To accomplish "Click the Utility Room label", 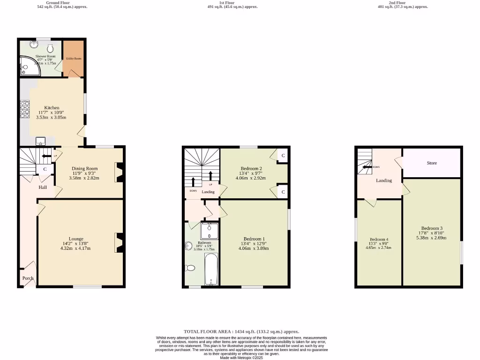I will click(74, 59).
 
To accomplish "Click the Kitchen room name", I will click(52, 108).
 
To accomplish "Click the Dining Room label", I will click(85, 169).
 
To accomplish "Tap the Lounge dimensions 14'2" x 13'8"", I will click(75, 243).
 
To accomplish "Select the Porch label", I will click(28, 278).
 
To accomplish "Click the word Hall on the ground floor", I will click(43, 187).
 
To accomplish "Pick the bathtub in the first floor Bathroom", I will click(211, 269).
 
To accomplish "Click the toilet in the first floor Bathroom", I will click(190, 268).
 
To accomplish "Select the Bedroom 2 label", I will click(251, 169).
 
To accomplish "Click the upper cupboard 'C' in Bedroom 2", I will click(283, 156).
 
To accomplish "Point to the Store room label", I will click(432, 163).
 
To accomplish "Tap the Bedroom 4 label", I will click(379, 239).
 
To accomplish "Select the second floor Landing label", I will click(384, 180).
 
